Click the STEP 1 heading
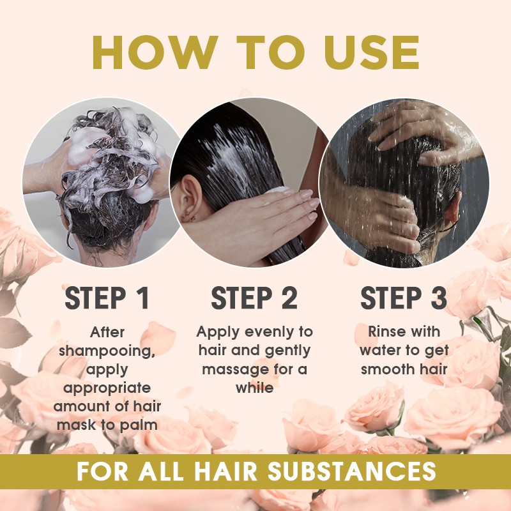pos(107,298)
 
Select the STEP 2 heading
pos(254,298)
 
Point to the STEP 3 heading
pos(404,298)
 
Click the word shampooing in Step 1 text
pos(107,351)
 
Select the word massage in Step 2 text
pos(234,369)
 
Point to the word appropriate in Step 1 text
pos(107,388)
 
